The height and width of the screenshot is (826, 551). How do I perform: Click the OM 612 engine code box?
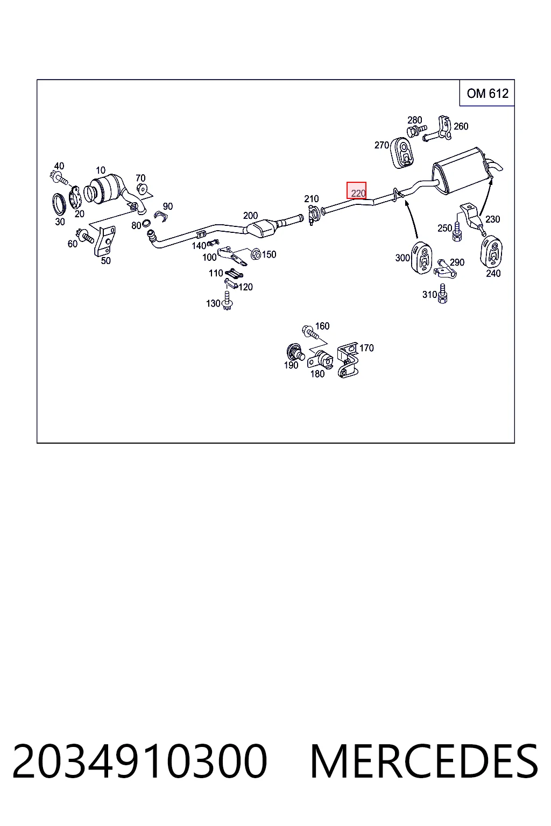click(487, 93)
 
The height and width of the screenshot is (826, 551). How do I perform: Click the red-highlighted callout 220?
click(357, 190)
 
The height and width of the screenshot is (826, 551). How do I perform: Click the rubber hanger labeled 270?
click(401, 153)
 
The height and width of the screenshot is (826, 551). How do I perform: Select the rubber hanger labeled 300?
click(422, 258)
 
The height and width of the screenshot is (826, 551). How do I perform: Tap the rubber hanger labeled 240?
click(491, 252)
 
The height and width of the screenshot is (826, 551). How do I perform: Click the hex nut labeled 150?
click(256, 254)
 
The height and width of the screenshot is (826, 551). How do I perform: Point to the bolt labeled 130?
click(227, 301)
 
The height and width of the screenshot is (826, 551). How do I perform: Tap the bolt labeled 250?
click(457, 232)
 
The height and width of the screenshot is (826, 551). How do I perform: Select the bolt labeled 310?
click(442, 294)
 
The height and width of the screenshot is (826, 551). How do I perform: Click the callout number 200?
click(250, 215)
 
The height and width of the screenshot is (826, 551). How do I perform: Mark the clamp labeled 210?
click(314, 215)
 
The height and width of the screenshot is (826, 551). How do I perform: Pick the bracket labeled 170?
click(348, 360)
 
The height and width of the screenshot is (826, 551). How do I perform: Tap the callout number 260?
click(461, 126)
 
